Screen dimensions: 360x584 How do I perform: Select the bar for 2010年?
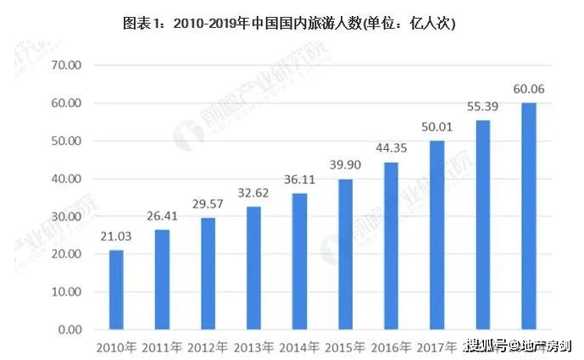point(117,289)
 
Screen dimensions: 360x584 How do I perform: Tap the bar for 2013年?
point(253,267)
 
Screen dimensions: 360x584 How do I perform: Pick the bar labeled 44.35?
point(390,245)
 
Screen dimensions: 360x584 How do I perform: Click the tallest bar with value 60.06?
point(528,215)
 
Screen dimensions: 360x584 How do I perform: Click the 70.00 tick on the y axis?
point(64,65)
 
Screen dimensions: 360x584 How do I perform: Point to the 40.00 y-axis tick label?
point(64,179)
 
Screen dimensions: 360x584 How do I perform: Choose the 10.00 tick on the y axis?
point(64,291)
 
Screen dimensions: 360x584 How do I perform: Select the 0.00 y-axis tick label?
point(67,329)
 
